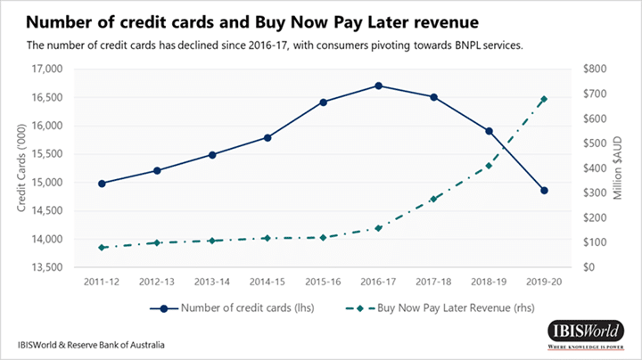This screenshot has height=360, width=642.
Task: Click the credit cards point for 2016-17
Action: pos(379,86)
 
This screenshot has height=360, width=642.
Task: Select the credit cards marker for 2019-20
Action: pos(544,191)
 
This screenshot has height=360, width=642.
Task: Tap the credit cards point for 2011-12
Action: pos(102,184)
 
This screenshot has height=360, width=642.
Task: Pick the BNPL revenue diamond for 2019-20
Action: pos(544,99)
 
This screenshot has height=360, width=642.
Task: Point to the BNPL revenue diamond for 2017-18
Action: pos(434,200)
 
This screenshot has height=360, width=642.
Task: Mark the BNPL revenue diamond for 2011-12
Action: pos(102,248)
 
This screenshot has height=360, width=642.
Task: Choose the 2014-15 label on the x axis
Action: pos(267,282)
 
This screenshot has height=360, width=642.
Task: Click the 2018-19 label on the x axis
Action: pos(489,282)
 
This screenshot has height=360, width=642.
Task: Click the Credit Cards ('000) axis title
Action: pos(22,168)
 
